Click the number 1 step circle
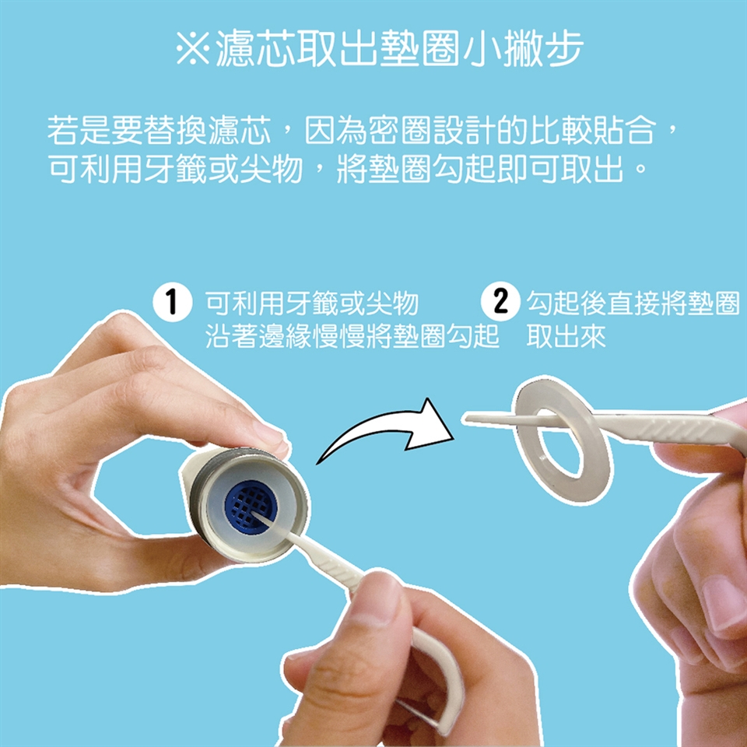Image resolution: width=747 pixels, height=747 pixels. (x=173, y=302)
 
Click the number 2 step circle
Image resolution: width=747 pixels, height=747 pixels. (x=500, y=302)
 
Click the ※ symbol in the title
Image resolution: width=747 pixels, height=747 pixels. (x=192, y=48)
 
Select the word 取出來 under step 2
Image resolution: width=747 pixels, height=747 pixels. (x=566, y=337)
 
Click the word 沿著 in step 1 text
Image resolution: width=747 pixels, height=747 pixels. (x=232, y=337)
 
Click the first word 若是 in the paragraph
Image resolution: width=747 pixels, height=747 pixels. (x=79, y=130)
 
